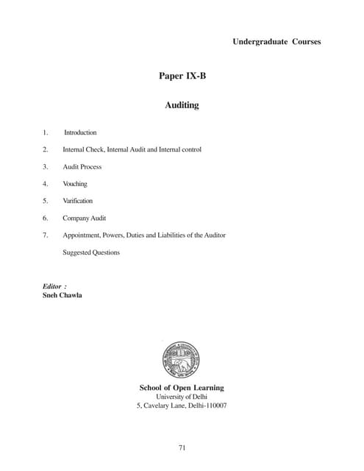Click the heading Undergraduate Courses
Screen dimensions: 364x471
pos(276,41)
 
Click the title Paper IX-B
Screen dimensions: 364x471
pos(182,76)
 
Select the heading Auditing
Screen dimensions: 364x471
pos(182,105)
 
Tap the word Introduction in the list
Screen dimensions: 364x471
pos(80,132)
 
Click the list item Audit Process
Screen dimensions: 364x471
pos(82,167)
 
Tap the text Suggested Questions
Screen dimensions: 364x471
pos(91,252)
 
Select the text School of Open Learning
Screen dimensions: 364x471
pos(182,388)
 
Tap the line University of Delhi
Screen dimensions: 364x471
pos(182,397)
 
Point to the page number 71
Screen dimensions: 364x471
pos(182,447)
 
